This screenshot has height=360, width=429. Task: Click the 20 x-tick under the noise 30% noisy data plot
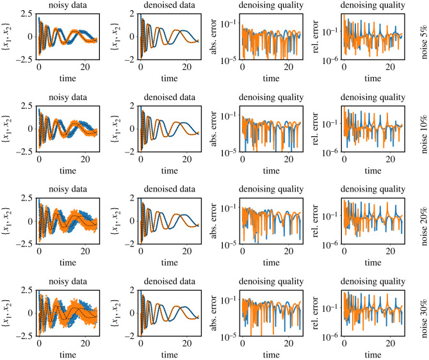click(86, 343)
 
